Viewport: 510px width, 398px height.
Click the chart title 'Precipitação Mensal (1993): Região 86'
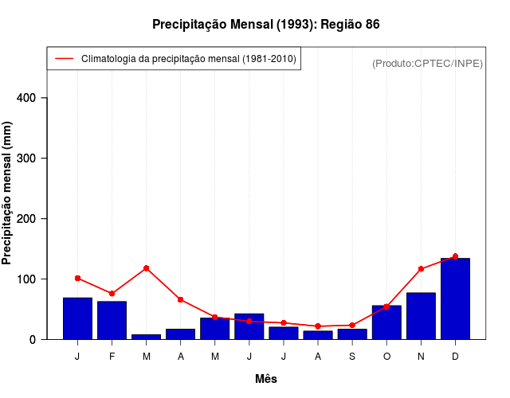pyautogui.click(x=265, y=25)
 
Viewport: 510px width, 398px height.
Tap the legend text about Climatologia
pyautogui.click(x=189, y=59)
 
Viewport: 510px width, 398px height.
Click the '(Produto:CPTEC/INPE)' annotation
pyautogui.click(x=427, y=63)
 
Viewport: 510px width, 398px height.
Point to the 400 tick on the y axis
pyautogui.click(x=32, y=98)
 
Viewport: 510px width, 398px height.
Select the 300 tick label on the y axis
pyautogui.click(x=32, y=158)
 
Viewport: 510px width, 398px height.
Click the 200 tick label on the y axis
pyautogui.click(x=32, y=219)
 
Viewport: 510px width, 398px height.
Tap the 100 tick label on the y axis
pyautogui.click(x=32, y=279)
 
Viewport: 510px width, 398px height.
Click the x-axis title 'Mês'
pyautogui.click(x=265, y=379)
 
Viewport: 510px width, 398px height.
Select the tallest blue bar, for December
pyautogui.click(x=455, y=298)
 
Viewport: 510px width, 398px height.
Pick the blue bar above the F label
pyautogui.click(x=112, y=320)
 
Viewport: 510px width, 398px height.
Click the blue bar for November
pyautogui.click(x=421, y=316)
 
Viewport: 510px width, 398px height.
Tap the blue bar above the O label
pyautogui.click(x=386, y=322)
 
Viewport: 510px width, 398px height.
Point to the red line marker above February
pyautogui.click(x=112, y=294)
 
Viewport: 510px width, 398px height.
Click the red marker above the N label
pyautogui.click(x=421, y=269)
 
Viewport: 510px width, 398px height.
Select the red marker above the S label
pyautogui.click(x=352, y=325)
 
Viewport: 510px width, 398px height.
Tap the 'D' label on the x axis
pyautogui.click(x=455, y=356)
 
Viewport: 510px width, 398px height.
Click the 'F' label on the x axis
pyautogui.click(x=112, y=356)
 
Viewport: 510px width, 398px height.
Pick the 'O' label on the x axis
pyautogui.click(x=386, y=356)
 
